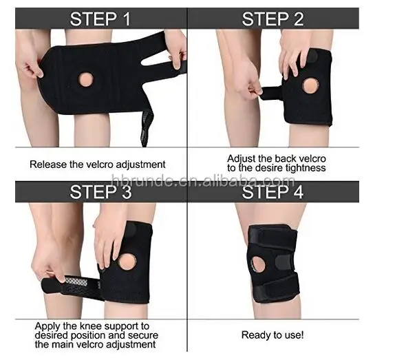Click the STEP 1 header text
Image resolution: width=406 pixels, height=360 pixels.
(x=100, y=19)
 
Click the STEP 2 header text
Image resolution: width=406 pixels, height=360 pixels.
(x=273, y=19)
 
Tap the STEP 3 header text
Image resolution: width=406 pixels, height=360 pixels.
(x=100, y=191)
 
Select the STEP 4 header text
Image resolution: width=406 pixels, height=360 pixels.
(x=273, y=191)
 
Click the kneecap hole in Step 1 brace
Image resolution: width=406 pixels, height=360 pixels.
(x=86, y=79)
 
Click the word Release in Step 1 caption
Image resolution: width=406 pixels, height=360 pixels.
(x=46, y=165)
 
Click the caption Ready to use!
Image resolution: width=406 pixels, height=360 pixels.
(x=273, y=335)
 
